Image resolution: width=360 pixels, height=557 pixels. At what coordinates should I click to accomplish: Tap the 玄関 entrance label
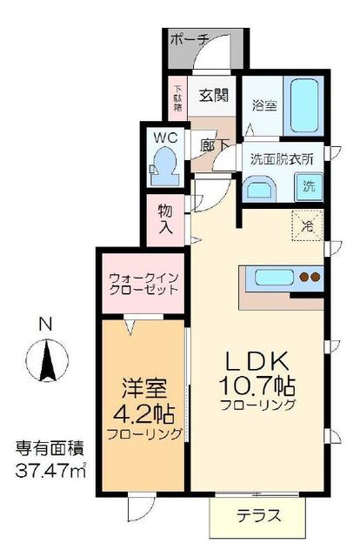[212, 95]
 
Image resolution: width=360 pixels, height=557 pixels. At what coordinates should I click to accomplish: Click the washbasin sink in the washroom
[259, 189]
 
